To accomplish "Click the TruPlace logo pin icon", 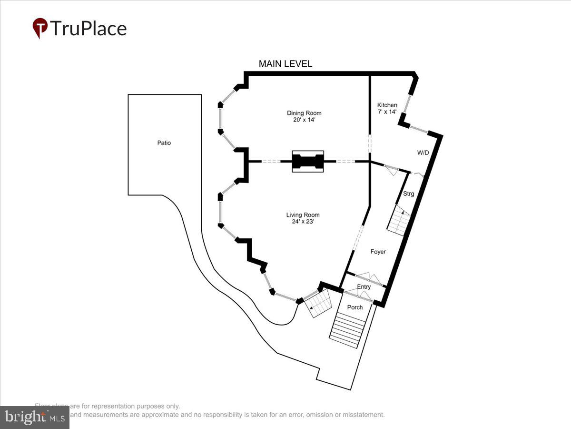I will click(x=40, y=28).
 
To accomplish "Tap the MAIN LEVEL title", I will click(x=285, y=64).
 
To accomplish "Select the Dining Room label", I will click(x=304, y=113).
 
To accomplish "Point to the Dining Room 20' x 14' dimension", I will click(x=304, y=120).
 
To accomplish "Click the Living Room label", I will click(x=302, y=215).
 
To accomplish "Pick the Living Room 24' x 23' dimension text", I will click(x=302, y=222).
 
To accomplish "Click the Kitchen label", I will click(x=387, y=105).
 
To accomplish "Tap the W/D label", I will click(x=423, y=153).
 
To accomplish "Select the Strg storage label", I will click(x=408, y=194).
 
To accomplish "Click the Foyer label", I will click(x=378, y=252).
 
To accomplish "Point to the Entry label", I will click(x=364, y=287).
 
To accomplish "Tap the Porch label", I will click(x=354, y=307).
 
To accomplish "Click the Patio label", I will click(x=164, y=143).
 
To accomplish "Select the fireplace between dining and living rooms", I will click(x=307, y=162).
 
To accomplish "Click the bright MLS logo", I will click(x=34, y=418).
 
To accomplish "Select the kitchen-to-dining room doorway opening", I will click(x=370, y=143).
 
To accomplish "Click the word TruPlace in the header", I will click(x=88, y=28).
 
